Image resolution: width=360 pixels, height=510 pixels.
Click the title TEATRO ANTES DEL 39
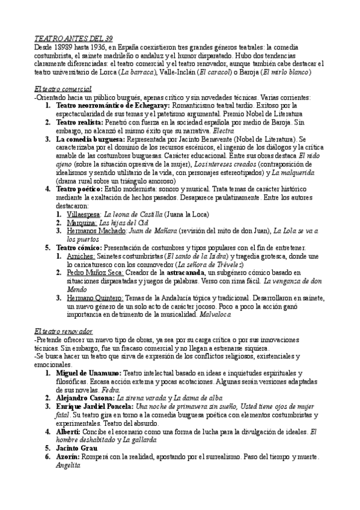pyautogui.click(x=74, y=38)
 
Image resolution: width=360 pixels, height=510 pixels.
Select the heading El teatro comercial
pyautogui.click(x=63, y=88)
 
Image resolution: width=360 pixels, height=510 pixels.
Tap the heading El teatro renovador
pyautogui.click(x=64, y=331)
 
